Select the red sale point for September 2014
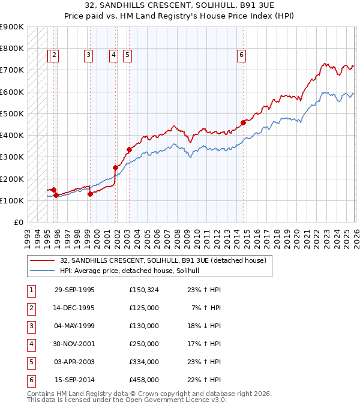243,122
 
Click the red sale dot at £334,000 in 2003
129,149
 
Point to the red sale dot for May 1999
90,194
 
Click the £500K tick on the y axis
12,113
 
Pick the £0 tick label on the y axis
18,222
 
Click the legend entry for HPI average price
133,271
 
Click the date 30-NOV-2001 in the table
74,344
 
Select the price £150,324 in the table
143,290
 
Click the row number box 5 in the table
30,362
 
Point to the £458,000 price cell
143,380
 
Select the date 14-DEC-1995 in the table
74,308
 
